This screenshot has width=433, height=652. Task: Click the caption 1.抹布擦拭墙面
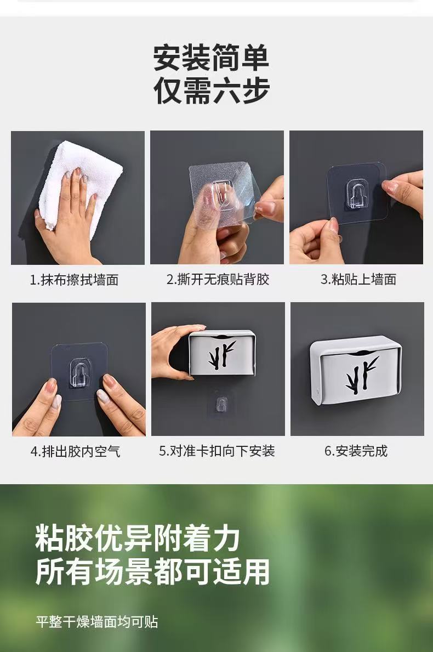click(x=74, y=280)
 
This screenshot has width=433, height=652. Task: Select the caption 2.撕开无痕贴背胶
click(x=218, y=280)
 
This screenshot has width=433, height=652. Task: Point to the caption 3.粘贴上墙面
click(x=358, y=280)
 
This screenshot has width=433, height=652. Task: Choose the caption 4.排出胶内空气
click(x=76, y=451)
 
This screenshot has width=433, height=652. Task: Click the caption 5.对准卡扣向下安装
click(x=217, y=451)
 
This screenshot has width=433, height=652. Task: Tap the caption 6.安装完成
click(x=356, y=451)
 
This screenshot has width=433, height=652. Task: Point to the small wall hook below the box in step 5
click(x=222, y=405)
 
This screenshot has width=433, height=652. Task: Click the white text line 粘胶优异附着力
click(x=138, y=537)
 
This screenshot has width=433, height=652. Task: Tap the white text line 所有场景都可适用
click(x=152, y=572)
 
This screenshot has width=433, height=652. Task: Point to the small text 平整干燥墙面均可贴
click(x=97, y=622)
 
